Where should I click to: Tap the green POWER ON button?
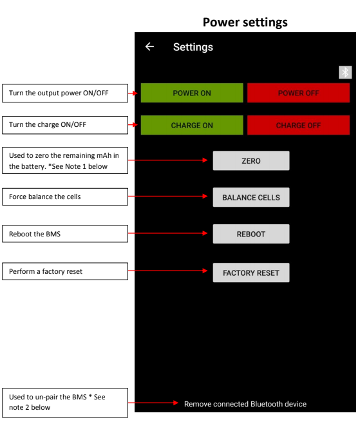[192, 93]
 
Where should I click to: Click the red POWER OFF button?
[298, 93]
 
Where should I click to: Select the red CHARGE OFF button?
[298, 125]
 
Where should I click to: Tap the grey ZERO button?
[251, 160]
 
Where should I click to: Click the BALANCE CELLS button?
[251, 197]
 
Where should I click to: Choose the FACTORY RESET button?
[251, 273]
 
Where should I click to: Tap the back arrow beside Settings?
[149, 47]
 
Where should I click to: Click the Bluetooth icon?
[345, 72]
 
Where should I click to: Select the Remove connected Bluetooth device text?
[245, 404]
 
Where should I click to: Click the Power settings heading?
[245, 23]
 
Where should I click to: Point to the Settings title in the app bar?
[193, 47]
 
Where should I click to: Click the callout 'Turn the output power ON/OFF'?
[65, 93]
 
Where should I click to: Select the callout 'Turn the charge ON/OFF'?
[65, 125]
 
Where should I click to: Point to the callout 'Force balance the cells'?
[65, 196]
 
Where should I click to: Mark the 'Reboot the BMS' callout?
[65, 234]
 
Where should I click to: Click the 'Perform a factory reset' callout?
[65, 271]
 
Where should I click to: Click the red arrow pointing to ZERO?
[168, 160]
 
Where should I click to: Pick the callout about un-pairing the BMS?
[65, 403]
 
